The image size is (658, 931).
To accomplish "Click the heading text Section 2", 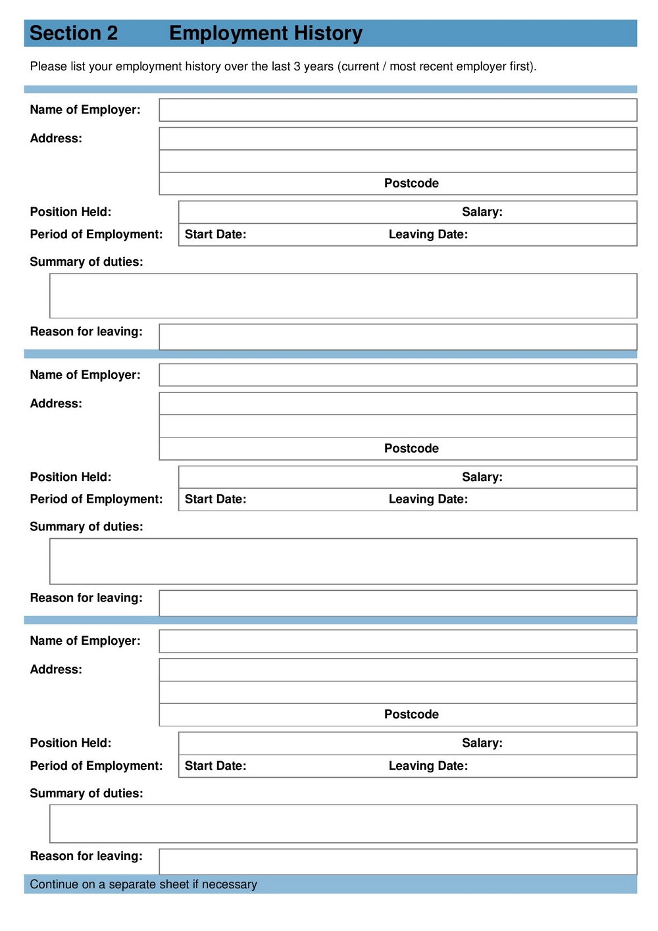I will (74, 33).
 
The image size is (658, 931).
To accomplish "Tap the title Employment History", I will (265, 33).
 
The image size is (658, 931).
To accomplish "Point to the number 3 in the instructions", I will (297, 66).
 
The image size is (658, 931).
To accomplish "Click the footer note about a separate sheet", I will (143, 884).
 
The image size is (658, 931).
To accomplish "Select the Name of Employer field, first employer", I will (397, 110).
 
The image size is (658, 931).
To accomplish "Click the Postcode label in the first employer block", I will (411, 184).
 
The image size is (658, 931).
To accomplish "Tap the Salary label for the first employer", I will (482, 212).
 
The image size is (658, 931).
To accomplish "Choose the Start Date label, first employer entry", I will (215, 234).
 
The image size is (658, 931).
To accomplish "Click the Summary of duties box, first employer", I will (343, 296).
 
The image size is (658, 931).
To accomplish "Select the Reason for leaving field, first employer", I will (397, 336).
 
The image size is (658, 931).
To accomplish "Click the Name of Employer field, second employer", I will (397, 375).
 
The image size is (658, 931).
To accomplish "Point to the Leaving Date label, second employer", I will (428, 499).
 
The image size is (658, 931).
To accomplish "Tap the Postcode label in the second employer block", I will (411, 449).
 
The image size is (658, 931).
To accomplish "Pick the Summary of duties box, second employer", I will (343, 561).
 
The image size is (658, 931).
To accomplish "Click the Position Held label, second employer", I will (70, 477).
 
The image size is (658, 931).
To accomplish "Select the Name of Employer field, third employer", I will (397, 641).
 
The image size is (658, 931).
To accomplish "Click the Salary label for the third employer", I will (482, 743).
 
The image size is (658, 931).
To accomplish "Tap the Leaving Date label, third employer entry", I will (428, 766).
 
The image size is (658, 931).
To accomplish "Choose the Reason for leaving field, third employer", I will (397, 861).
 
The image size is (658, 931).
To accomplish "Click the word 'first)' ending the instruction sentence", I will (523, 66).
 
